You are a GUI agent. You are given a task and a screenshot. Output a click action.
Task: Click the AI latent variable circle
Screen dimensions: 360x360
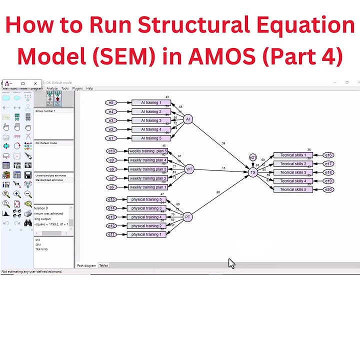(x=188, y=119)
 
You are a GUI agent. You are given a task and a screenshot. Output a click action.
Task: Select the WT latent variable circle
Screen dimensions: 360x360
(x=189, y=169)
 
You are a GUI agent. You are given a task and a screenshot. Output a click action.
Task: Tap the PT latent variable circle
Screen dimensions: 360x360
(x=187, y=217)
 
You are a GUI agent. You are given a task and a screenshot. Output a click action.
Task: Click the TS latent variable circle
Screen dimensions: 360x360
(x=253, y=172)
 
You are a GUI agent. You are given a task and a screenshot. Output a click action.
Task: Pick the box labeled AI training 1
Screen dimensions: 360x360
(x=151, y=102)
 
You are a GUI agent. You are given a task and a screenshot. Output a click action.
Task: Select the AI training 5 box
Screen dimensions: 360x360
(x=151, y=138)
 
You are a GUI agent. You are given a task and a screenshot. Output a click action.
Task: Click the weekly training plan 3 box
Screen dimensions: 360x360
(x=148, y=169)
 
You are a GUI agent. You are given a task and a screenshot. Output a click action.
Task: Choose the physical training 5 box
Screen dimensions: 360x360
(x=146, y=199)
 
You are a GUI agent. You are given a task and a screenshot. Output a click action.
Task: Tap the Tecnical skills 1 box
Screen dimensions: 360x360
(x=293, y=155)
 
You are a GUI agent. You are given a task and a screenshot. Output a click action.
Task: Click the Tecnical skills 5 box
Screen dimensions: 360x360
(x=293, y=189)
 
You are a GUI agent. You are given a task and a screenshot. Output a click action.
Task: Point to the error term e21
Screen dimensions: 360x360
(x=253, y=158)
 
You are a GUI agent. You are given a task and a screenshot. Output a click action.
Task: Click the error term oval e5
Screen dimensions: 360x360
(x=111, y=102)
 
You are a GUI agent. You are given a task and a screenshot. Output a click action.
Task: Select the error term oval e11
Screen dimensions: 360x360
(x=111, y=234)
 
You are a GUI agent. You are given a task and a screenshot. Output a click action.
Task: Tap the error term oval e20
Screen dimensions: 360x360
(x=328, y=189)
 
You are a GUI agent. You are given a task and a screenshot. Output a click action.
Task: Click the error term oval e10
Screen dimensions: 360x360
(x=111, y=151)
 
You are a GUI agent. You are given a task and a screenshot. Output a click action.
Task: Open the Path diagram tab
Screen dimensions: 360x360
(x=86, y=265)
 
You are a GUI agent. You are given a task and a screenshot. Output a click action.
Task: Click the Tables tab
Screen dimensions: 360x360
(x=103, y=265)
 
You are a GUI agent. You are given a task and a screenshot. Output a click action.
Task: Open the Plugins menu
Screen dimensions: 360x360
(x=77, y=88)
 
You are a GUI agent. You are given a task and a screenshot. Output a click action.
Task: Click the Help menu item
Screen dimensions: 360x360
(x=89, y=88)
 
